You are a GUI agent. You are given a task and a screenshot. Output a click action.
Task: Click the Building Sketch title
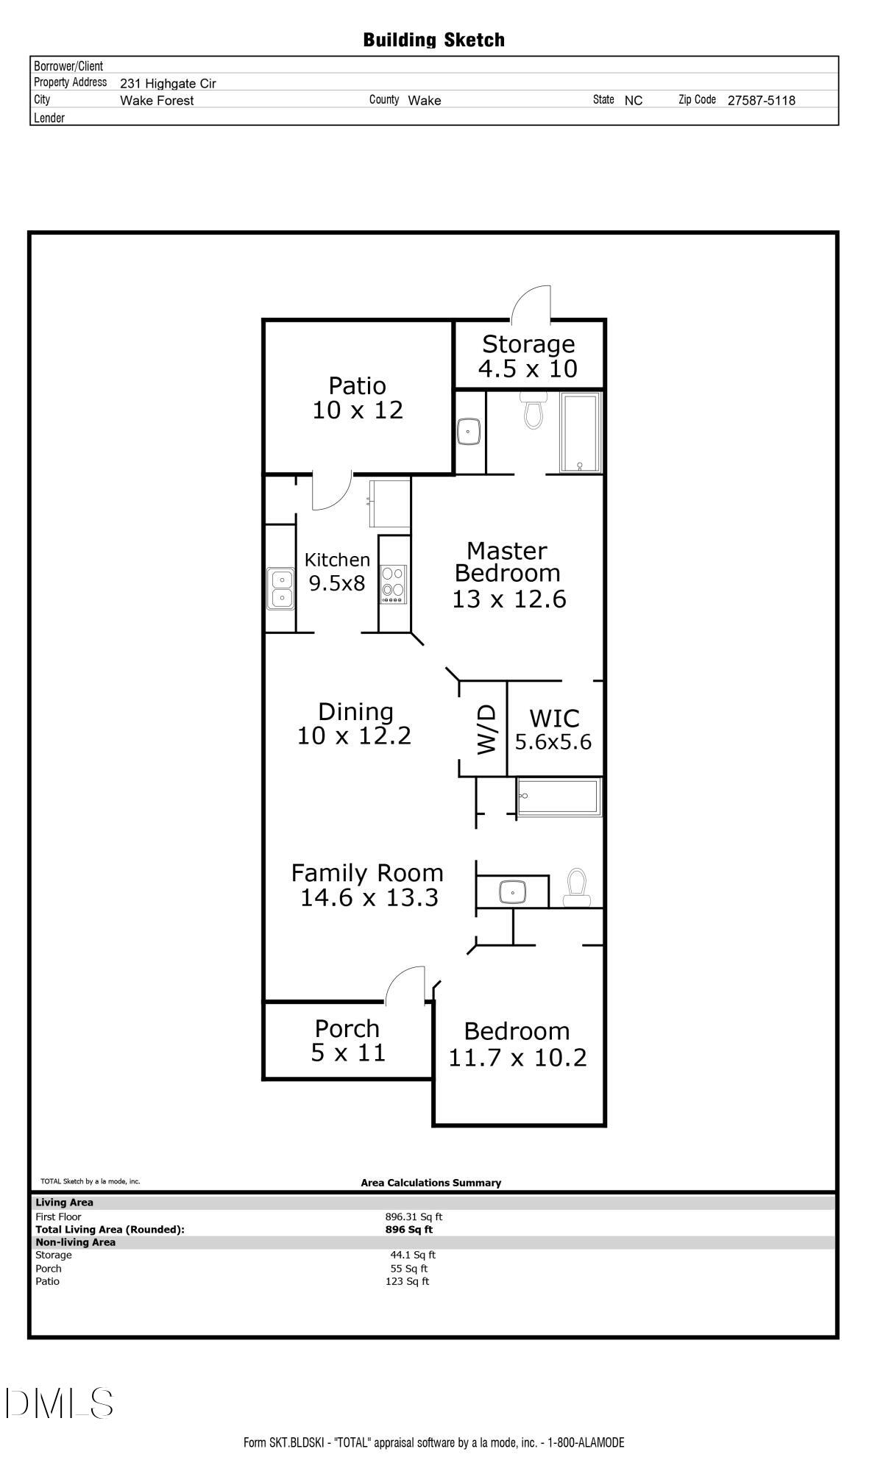click(x=434, y=40)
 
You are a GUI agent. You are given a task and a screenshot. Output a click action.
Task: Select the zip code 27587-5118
click(x=761, y=101)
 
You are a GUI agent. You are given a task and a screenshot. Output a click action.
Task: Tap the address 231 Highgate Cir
click(x=168, y=84)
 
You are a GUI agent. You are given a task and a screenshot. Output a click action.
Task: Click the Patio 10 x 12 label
click(x=358, y=398)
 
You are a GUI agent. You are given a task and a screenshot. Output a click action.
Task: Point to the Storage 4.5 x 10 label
click(x=528, y=356)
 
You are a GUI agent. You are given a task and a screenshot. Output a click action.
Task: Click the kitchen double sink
click(x=280, y=588)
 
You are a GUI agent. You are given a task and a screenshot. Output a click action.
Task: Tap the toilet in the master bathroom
click(x=532, y=412)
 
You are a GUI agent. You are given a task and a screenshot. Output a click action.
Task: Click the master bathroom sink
click(x=469, y=432)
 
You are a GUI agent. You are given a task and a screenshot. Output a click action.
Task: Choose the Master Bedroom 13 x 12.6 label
click(x=508, y=574)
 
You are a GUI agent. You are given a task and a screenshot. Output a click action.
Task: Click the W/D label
click(x=486, y=729)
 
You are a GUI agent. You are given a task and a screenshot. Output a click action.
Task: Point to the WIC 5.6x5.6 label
click(x=553, y=729)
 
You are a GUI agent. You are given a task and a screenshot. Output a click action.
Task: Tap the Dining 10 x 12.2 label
click(x=355, y=723)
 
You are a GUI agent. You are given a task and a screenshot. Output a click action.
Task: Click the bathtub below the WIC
click(x=559, y=797)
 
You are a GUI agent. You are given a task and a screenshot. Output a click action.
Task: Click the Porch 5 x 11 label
click(x=347, y=1040)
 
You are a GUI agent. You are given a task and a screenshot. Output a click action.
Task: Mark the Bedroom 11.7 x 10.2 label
click(x=517, y=1044)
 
